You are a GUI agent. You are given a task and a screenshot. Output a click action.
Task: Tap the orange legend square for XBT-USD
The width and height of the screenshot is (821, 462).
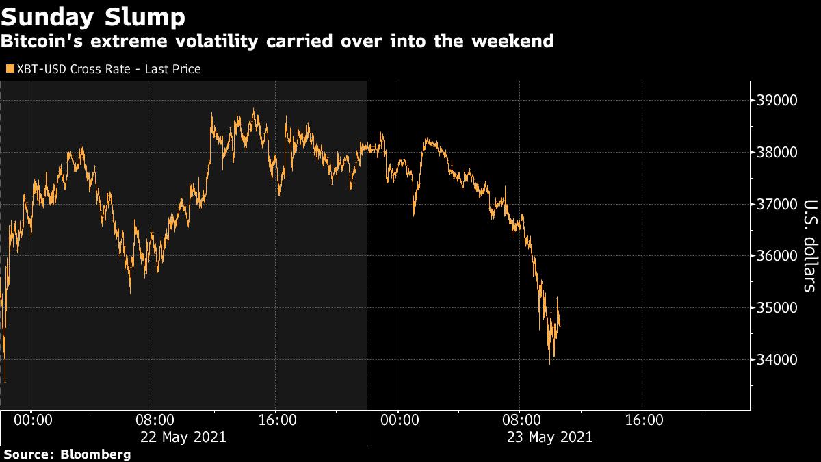click(9, 69)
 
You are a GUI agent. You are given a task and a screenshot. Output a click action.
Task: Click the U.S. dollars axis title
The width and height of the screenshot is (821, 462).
click(809, 245)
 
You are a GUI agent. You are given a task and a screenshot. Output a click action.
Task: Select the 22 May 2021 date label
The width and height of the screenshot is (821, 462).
click(183, 437)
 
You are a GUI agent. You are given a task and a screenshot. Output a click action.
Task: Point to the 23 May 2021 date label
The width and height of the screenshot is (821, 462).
click(549, 437)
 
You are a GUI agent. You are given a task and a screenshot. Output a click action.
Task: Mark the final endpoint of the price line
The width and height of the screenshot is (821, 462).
click(560, 326)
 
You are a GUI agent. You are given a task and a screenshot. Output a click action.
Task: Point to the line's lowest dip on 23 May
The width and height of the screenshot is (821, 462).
click(550, 363)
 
